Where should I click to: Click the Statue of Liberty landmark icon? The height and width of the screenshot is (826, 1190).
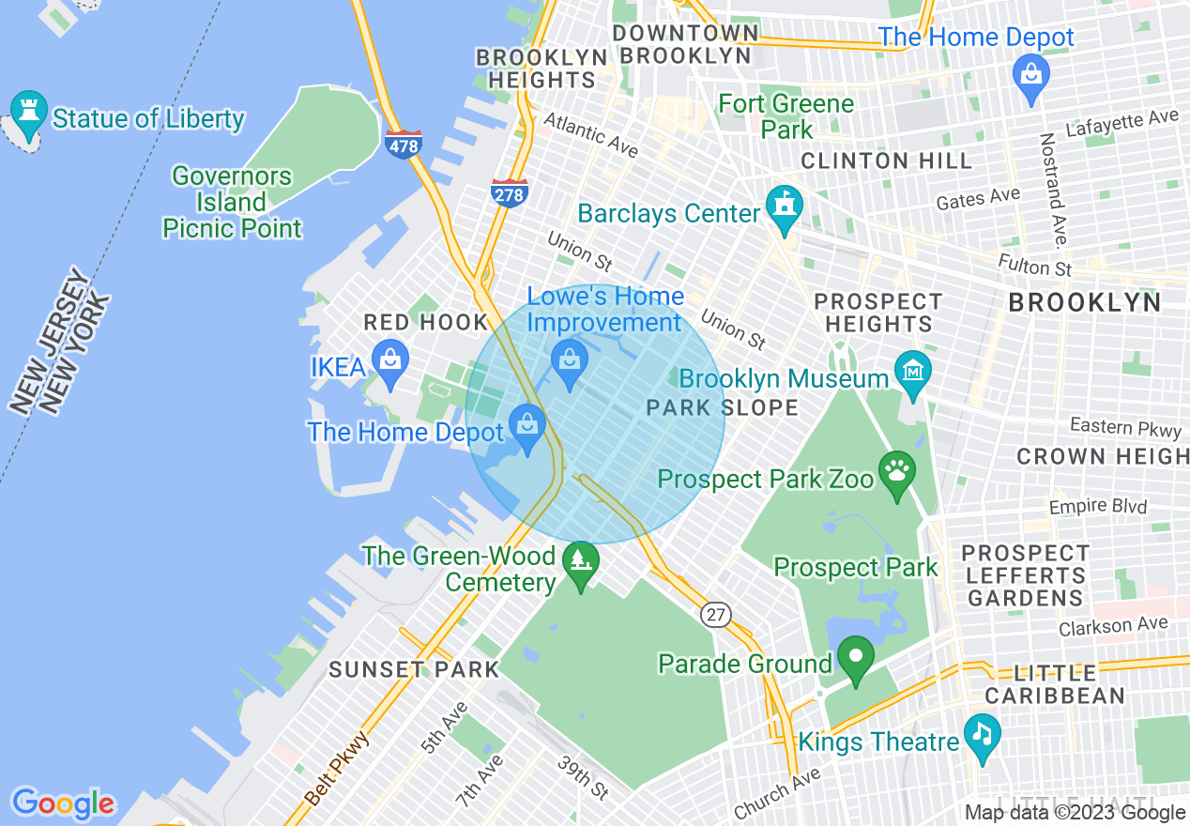[x=28, y=111]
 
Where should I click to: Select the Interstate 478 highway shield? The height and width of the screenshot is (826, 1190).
[x=403, y=145]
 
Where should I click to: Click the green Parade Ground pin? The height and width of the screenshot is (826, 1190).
[x=855, y=656]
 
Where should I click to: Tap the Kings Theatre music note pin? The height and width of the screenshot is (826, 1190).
[x=983, y=734]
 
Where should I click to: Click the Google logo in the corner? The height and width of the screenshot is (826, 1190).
[x=63, y=803]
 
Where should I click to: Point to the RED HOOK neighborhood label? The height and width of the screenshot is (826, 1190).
[x=426, y=323]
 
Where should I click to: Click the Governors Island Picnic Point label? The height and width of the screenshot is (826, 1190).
[x=233, y=202]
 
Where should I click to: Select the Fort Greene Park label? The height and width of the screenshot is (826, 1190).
[x=786, y=116]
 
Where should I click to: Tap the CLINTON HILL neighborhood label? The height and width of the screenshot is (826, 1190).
[x=886, y=161]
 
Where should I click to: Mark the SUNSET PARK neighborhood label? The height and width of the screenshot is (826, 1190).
[x=414, y=670]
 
